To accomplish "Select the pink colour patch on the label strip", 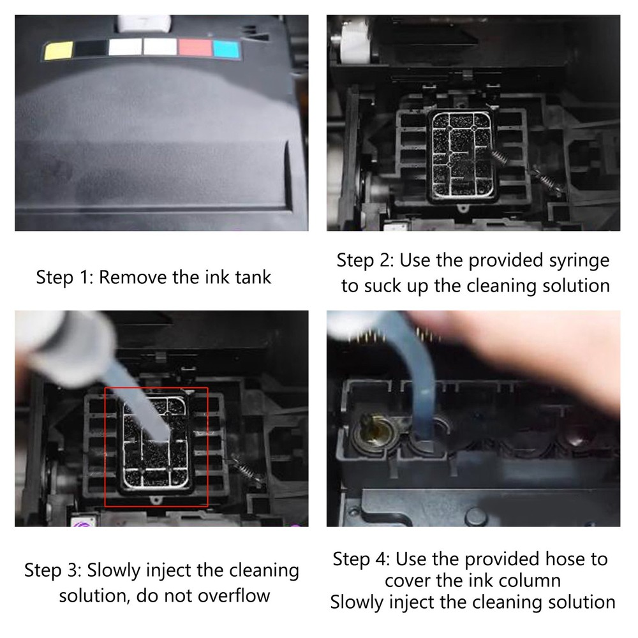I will point(194,48).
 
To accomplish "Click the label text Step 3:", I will point(53,570).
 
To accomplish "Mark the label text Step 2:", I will point(365,260).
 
